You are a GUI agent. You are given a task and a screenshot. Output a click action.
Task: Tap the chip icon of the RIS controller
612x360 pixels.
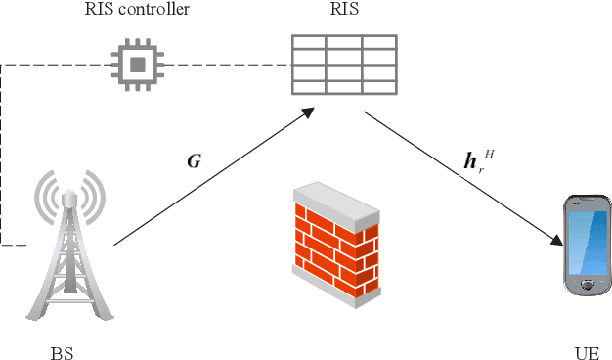(138, 65)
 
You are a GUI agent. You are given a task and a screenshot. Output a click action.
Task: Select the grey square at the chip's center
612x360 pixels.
(138, 65)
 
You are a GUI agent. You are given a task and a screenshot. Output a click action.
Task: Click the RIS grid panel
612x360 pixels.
(343, 65)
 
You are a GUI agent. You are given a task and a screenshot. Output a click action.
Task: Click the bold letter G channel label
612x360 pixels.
(195, 160)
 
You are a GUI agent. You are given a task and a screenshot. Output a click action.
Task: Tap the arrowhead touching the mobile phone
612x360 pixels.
(557, 241)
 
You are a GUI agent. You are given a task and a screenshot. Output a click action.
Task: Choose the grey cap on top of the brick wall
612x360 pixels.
(337, 201)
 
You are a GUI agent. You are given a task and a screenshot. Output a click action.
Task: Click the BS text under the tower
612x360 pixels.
(62, 351)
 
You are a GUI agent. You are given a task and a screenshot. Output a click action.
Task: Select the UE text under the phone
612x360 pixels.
(587, 351)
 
